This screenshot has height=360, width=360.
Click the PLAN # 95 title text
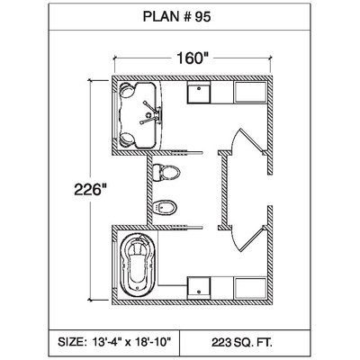[x=176, y=17]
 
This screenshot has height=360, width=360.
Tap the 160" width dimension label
[x=193, y=58]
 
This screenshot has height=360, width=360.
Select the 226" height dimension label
[x=91, y=190]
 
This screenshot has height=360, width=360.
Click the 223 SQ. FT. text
[x=242, y=342]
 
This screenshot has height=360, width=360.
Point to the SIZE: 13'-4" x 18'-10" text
[x=114, y=342]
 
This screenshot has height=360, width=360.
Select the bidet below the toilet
[x=165, y=207]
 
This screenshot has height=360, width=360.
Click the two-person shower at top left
[x=138, y=115]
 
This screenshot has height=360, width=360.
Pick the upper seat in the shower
[x=127, y=90]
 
